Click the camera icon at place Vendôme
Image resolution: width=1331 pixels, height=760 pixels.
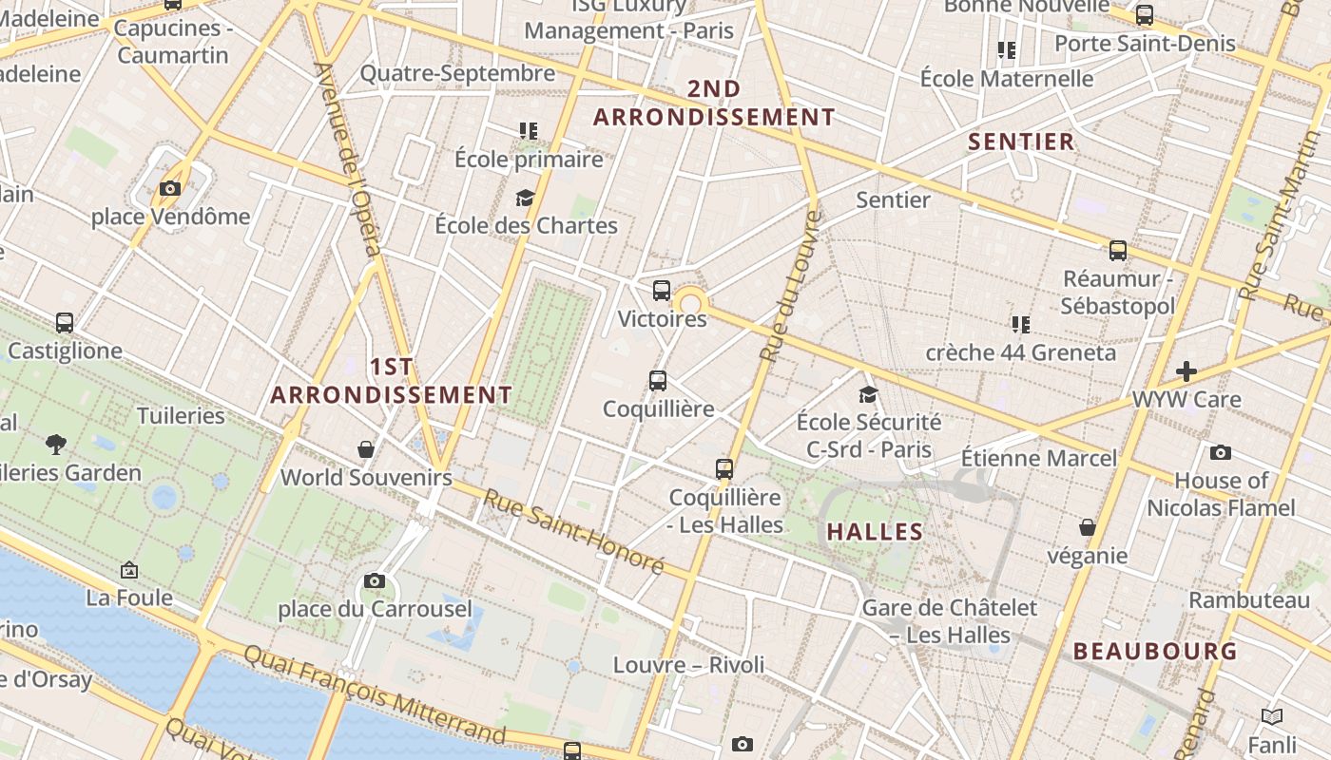tap(170, 188)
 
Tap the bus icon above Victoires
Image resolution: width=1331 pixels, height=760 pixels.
tap(662, 291)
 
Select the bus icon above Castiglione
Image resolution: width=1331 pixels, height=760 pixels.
tap(65, 323)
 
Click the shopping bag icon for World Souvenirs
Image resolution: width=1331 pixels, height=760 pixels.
tap(366, 448)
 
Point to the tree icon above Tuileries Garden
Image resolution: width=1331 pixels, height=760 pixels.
tap(56, 443)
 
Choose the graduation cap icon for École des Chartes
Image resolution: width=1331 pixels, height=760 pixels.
tap(525, 198)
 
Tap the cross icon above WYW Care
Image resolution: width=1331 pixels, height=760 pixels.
tap(1186, 370)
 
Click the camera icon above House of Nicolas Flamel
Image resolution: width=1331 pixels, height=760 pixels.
tap(1221, 452)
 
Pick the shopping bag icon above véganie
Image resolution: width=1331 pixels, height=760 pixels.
tap(1088, 526)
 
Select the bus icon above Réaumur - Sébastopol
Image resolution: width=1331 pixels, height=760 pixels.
tap(1118, 251)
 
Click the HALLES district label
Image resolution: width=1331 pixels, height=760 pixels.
tap(875, 531)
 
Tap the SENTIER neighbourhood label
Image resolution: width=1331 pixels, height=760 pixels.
tap(1021, 142)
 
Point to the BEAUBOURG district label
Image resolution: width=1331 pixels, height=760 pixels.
tap(1155, 651)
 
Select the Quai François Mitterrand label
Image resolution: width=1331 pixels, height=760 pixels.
tap(375, 693)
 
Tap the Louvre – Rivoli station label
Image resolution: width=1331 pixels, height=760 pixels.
tap(688, 664)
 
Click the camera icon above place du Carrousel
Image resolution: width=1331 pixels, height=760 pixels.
tap(375, 580)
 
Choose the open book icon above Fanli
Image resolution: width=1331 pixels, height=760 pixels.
tap(1271, 716)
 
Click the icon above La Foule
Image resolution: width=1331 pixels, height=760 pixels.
tap(129, 570)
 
